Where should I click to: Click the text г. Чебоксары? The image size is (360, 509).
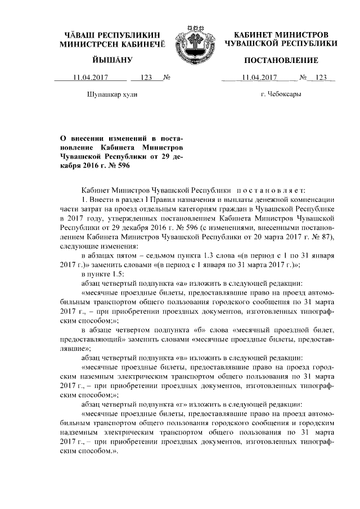[x=281, y=93]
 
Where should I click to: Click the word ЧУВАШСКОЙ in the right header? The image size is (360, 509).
[x=253, y=43]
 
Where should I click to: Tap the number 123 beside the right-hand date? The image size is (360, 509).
[x=321, y=78]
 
